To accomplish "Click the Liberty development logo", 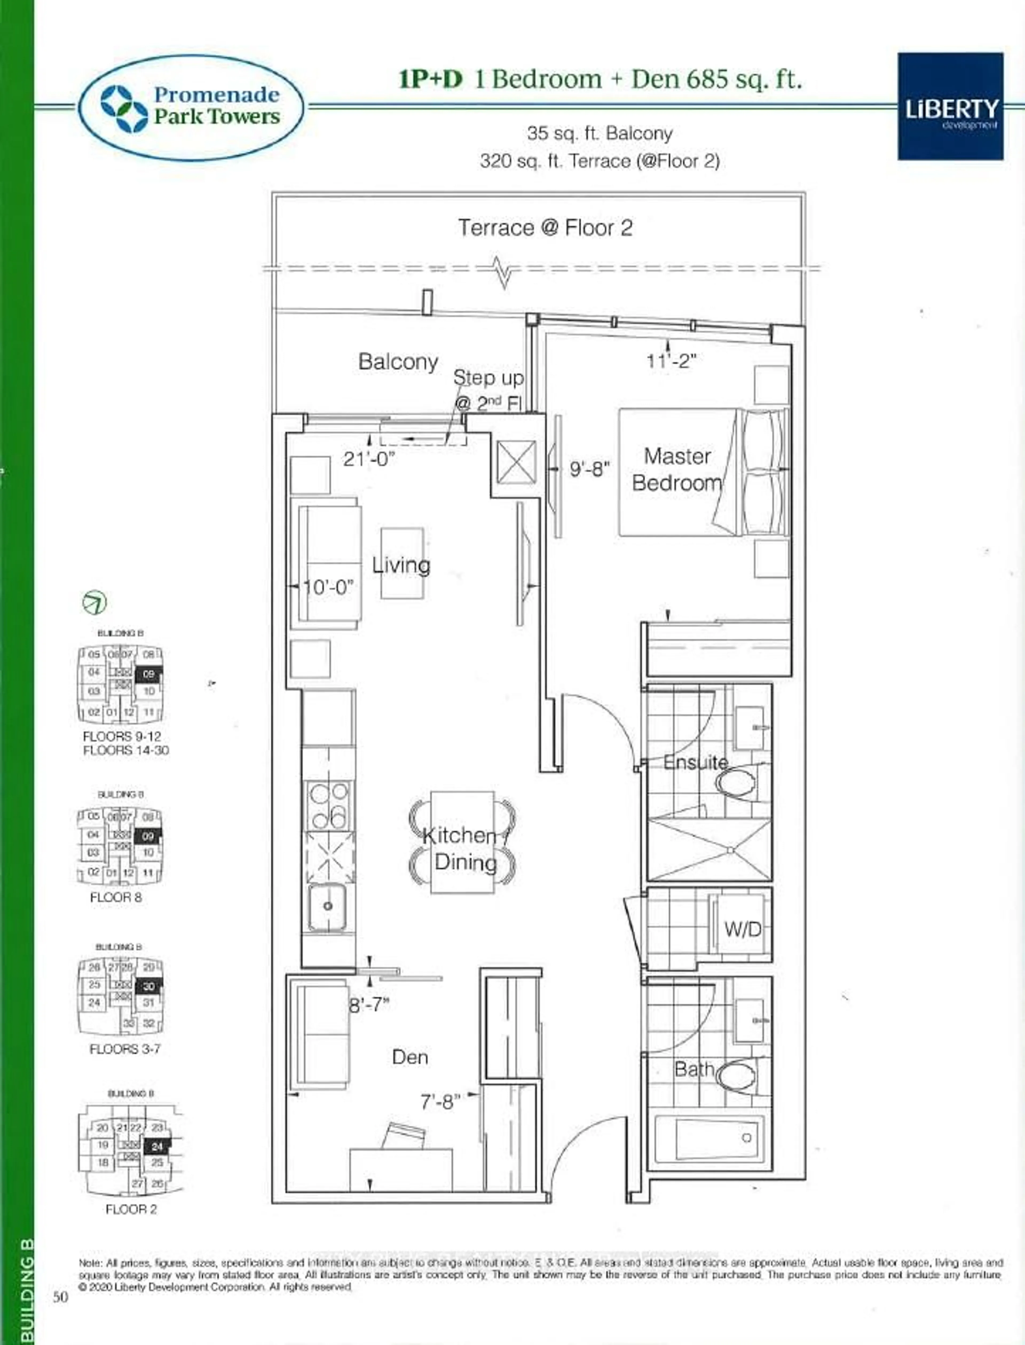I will click(950, 106).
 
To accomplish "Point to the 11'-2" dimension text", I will click(671, 361).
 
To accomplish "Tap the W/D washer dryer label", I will click(743, 930).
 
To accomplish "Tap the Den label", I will click(410, 1057).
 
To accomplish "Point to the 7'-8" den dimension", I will click(440, 1101).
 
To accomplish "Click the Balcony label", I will click(398, 362).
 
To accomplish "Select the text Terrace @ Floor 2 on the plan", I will click(545, 228).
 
